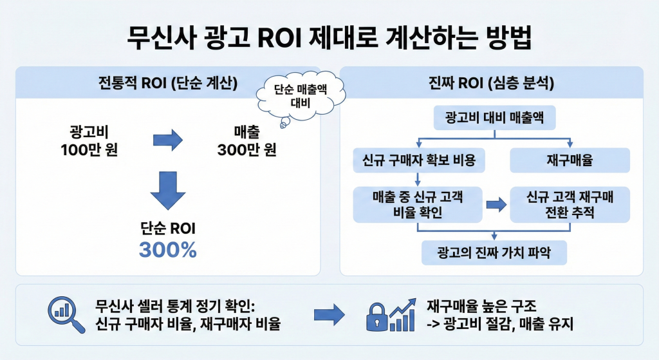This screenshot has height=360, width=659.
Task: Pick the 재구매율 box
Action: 569,160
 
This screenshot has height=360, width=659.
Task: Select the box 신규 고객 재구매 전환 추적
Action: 569,205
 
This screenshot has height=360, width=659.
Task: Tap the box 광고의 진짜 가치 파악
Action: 494,252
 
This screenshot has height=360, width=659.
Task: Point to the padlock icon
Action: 377,317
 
